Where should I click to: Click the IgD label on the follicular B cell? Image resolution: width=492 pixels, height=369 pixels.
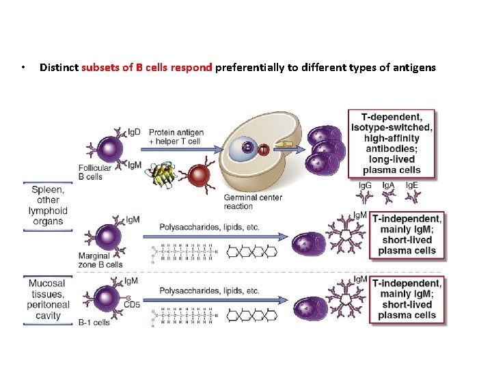[x=134, y=131]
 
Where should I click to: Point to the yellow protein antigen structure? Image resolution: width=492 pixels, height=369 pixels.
[x=163, y=175]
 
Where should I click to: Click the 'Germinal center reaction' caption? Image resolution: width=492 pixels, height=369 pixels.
[x=253, y=202]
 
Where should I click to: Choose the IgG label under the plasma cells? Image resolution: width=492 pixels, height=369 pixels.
[x=365, y=185]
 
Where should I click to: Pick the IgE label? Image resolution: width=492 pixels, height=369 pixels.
[x=412, y=185]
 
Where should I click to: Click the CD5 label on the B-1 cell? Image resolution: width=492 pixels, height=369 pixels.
[x=133, y=305]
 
